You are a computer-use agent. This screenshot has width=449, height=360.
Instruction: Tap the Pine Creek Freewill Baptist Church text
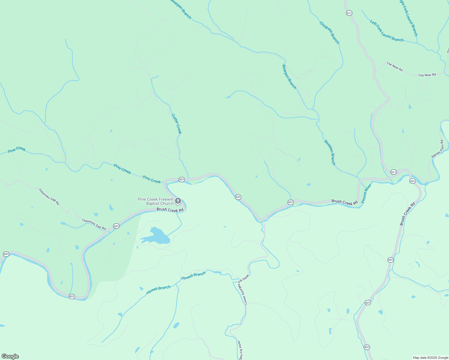[x=155, y=201]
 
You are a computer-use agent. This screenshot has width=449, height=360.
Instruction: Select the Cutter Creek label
[x=176, y=124]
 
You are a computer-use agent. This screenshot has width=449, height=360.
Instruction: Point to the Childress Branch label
[x=329, y=33]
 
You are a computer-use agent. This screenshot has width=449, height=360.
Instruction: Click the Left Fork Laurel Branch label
[x=387, y=31]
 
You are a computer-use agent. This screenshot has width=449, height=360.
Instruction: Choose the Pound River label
[x=366, y=193]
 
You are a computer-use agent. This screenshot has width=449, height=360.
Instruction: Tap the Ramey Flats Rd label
[x=437, y=149]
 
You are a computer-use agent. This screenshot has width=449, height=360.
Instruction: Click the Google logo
[x=10, y=356]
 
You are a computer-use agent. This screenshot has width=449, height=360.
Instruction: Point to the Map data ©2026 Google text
[x=430, y=358]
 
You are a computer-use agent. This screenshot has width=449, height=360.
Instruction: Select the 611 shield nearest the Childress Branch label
[x=349, y=13]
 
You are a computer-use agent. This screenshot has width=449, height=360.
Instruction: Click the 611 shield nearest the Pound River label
[x=393, y=172]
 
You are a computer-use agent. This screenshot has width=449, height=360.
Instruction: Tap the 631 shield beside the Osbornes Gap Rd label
[x=116, y=226]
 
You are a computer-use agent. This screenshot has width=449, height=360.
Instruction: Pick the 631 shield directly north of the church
[x=182, y=179]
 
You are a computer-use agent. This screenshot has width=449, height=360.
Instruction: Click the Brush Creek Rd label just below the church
[x=170, y=210]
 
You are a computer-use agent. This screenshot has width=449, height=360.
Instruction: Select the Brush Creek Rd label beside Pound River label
[x=345, y=202]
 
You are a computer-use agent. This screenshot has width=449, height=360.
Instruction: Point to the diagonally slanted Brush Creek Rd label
[x=407, y=214]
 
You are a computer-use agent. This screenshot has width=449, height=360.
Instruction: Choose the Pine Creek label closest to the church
[x=152, y=179]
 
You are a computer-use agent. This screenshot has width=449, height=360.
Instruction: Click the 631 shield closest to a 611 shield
[x=412, y=181]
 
